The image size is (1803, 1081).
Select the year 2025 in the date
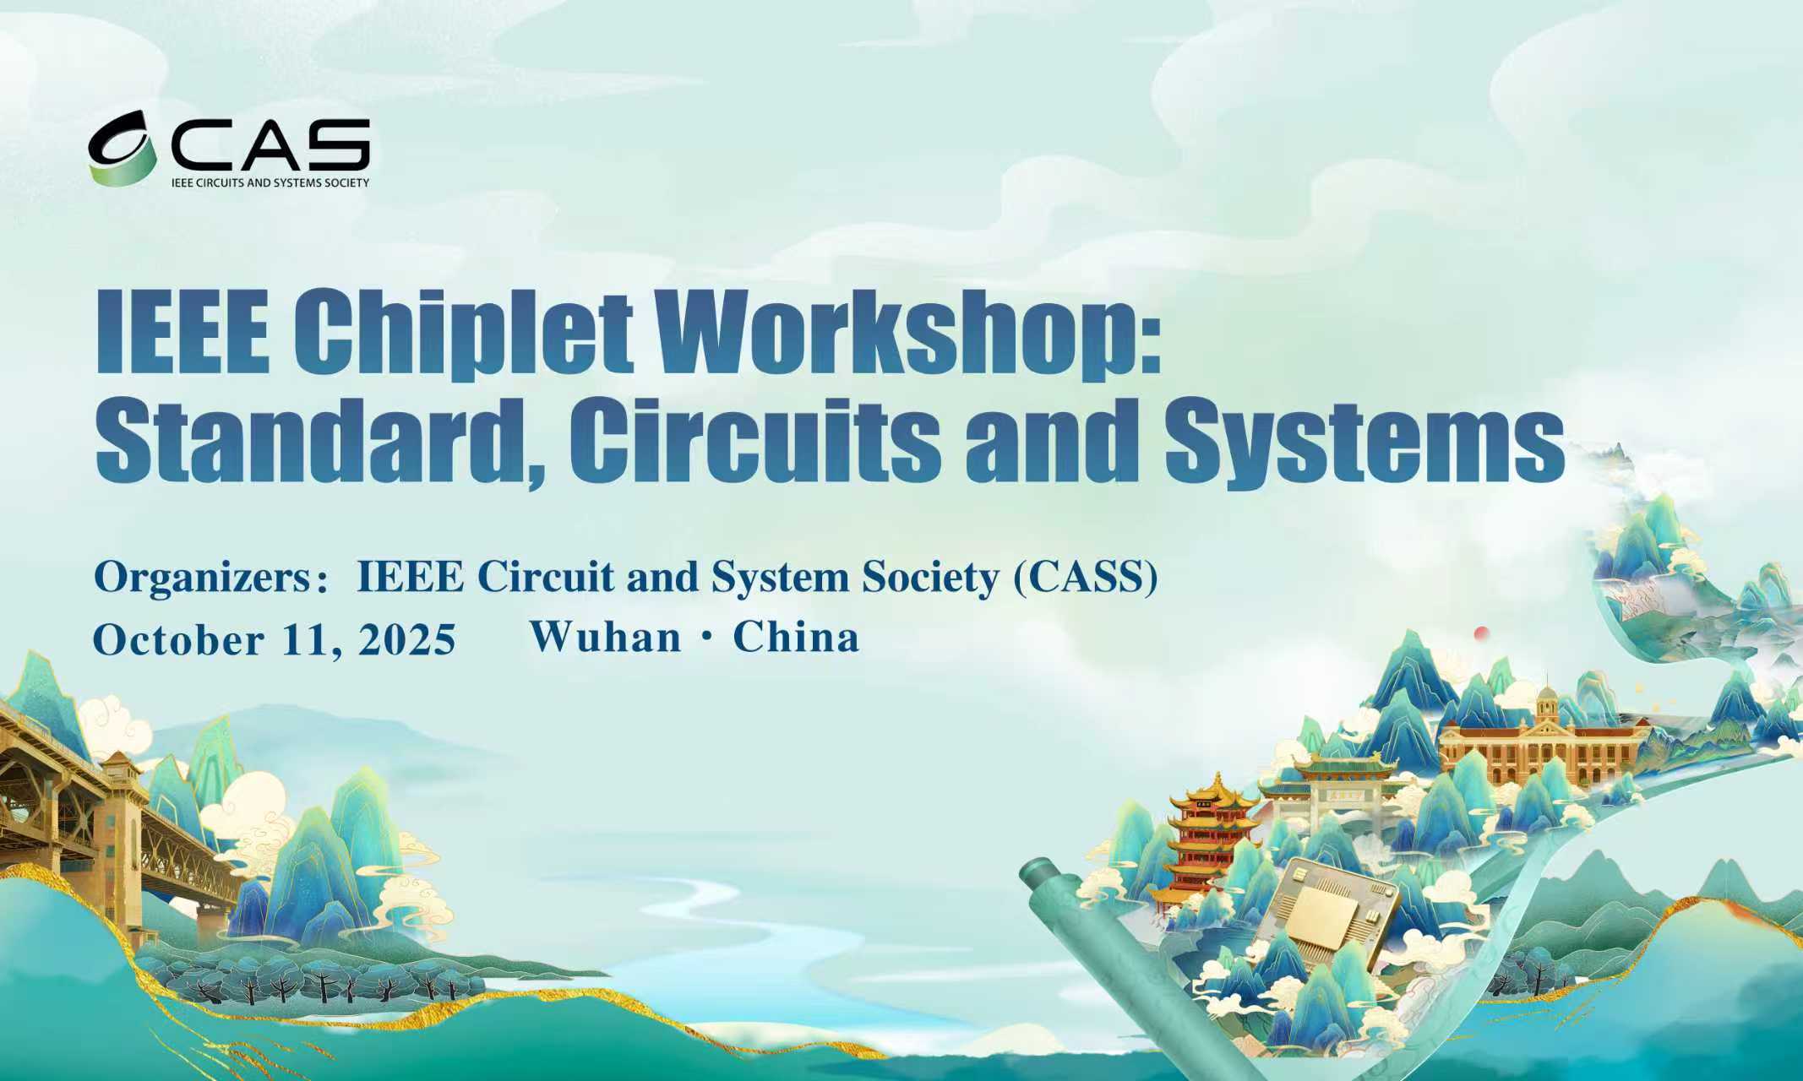pyautogui.click(x=407, y=639)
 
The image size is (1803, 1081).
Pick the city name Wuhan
pyautogui.click(x=605, y=637)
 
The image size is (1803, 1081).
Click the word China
pyautogui.click(x=796, y=637)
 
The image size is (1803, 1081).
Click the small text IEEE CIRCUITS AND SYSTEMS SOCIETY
pyautogui.click(x=270, y=182)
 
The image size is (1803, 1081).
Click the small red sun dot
pyautogui.click(x=1480, y=633)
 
